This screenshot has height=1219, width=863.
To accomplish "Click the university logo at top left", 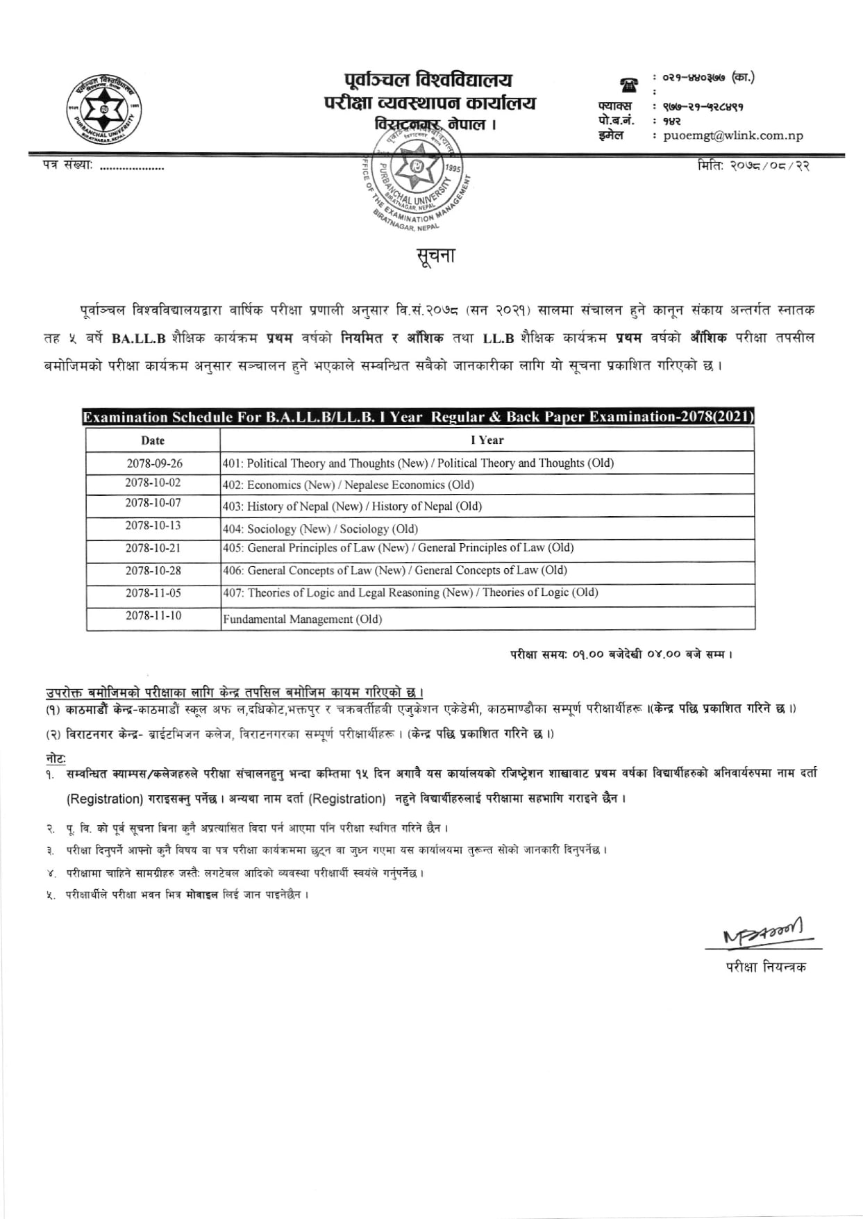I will click(103, 110).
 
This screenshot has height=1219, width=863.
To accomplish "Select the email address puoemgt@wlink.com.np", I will click(732, 136).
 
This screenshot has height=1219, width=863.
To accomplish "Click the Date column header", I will click(153, 440).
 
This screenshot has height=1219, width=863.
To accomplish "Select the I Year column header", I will click(487, 440).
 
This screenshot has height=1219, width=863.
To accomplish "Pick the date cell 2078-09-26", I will click(154, 463).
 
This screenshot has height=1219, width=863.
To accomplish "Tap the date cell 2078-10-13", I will click(153, 526).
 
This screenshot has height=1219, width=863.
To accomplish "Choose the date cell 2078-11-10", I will click(153, 616).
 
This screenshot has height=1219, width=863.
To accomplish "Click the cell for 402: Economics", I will click(348, 485).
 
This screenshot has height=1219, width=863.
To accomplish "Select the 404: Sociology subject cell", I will click(320, 529).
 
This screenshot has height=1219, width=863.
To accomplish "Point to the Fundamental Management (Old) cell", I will click(302, 619).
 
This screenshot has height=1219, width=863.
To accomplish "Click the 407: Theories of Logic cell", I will click(410, 593).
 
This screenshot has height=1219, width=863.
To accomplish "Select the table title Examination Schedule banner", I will click(419, 417).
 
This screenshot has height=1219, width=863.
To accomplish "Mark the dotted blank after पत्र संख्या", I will click(132, 167).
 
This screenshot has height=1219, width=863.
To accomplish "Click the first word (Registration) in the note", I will click(104, 799).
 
